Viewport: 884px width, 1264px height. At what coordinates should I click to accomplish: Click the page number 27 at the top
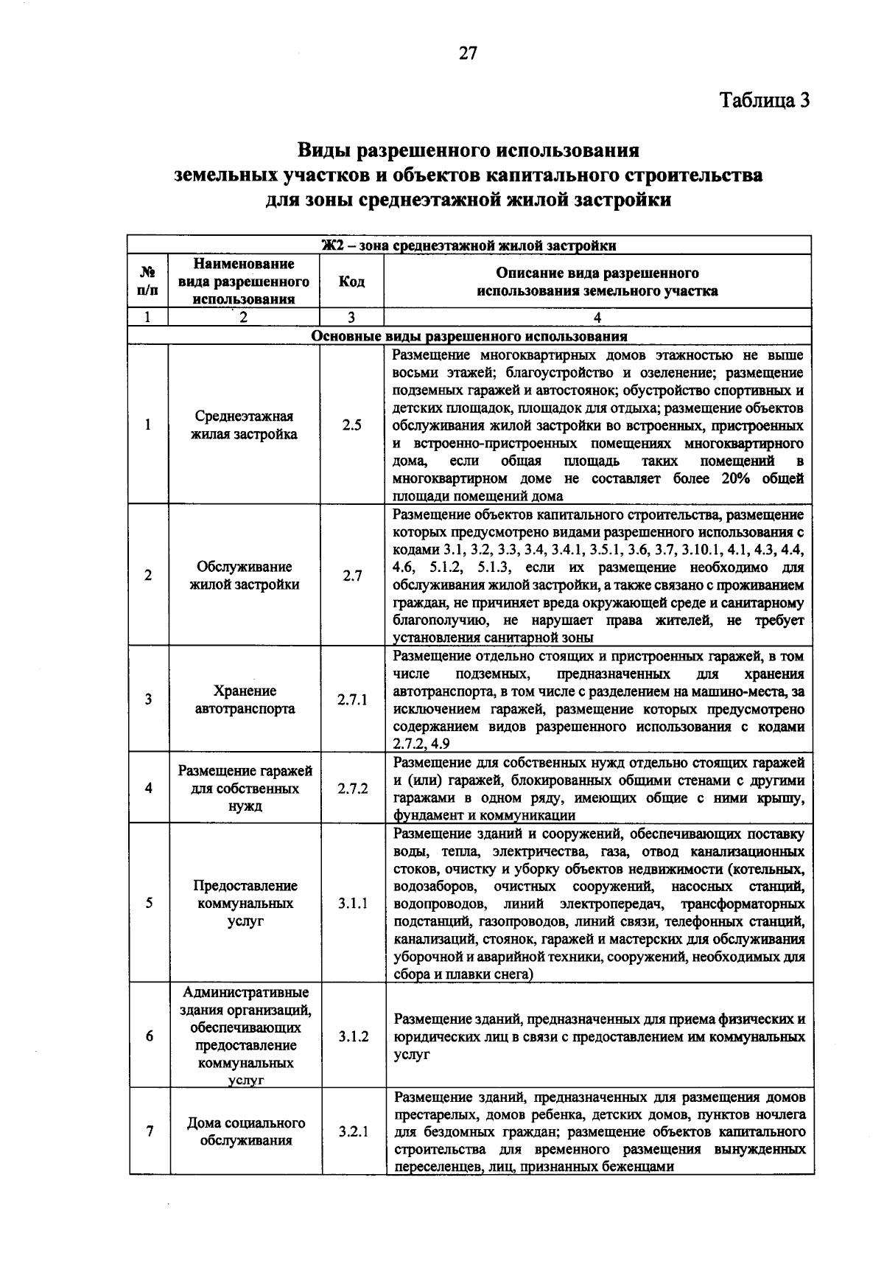469,53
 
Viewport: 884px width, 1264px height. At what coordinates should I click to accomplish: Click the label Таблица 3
764,100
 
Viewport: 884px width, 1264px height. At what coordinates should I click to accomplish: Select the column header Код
351,282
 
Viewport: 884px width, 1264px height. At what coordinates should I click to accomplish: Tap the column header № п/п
148,282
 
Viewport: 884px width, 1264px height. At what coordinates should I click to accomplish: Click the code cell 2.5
352,425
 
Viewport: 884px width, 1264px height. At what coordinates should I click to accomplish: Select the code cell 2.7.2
352,788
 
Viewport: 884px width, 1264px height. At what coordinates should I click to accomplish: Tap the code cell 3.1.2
353,1037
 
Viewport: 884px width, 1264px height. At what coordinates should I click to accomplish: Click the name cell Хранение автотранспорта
245,700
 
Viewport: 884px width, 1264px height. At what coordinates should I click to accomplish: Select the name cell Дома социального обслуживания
245,1132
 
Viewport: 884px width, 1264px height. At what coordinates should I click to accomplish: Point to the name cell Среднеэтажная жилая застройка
244,425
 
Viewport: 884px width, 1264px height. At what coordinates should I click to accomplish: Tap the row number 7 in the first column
150,1132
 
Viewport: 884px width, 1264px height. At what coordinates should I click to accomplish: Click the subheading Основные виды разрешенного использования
469,337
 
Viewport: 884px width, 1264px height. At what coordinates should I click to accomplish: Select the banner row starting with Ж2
469,245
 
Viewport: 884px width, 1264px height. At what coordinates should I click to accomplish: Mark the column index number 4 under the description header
597,318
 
